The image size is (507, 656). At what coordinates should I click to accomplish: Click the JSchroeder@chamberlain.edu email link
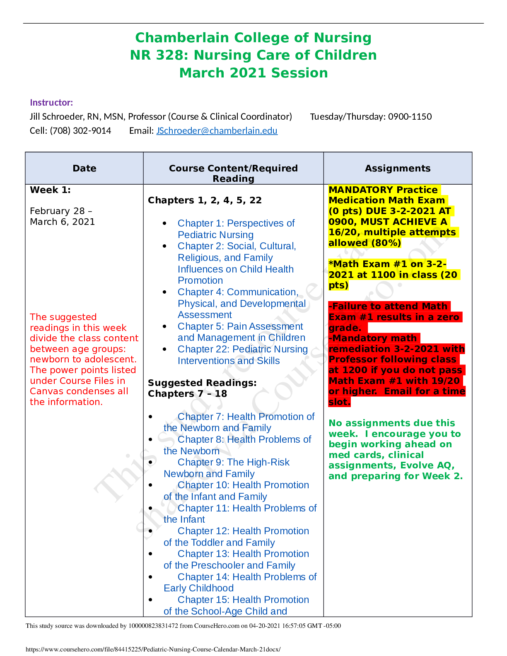click(217, 131)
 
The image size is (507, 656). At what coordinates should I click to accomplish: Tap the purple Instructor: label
click(51, 103)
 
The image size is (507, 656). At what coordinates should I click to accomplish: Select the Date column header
click(84, 168)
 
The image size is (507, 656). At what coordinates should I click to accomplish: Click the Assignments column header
click(398, 168)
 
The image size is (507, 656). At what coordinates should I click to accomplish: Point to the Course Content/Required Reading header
click(233, 173)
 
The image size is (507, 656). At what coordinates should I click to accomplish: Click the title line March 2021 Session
click(254, 73)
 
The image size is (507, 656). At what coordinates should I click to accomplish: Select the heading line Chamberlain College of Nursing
click(253, 38)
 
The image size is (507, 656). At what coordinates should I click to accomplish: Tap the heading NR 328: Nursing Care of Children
click(253, 55)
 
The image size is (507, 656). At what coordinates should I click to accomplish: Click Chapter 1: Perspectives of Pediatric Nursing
click(236, 229)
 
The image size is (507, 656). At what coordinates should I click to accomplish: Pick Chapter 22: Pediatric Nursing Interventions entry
click(242, 355)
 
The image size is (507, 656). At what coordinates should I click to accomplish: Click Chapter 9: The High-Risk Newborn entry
click(233, 468)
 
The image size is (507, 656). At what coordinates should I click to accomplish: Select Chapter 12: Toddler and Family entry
click(243, 537)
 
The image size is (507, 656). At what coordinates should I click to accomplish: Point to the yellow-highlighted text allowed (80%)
click(365, 243)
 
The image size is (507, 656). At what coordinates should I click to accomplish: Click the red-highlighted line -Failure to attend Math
click(388, 306)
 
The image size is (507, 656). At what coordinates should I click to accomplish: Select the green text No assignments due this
click(391, 423)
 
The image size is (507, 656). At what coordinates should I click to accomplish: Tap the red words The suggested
click(63, 317)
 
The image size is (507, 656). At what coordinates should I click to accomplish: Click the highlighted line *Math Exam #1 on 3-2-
click(387, 264)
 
